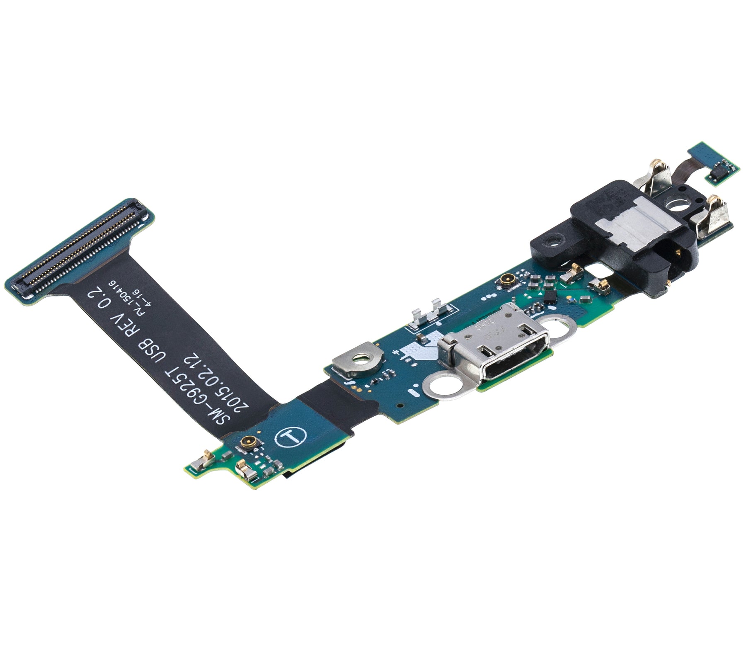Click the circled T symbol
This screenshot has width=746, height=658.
(290, 437)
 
